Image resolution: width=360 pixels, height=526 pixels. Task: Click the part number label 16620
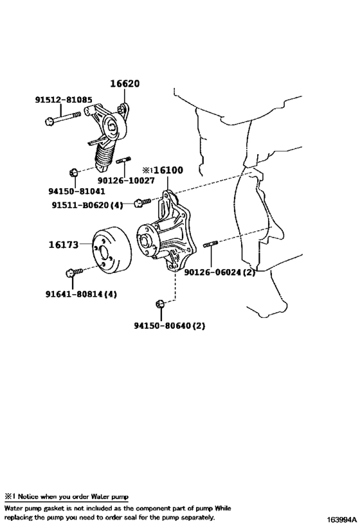(x=124, y=84)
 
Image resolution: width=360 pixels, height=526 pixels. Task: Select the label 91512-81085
(x=63, y=100)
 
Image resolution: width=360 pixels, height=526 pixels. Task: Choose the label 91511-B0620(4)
(x=87, y=205)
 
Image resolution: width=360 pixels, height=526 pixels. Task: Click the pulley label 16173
(x=63, y=244)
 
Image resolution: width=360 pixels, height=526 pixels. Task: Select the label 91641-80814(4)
(x=81, y=294)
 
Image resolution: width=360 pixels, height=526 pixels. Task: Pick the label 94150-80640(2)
(x=169, y=325)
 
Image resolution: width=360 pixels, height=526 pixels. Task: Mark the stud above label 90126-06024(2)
(x=212, y=244)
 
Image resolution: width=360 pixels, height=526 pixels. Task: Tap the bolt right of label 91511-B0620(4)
(x=142, y=202)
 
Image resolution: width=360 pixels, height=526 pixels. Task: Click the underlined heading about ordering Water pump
(x=66, y=496)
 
